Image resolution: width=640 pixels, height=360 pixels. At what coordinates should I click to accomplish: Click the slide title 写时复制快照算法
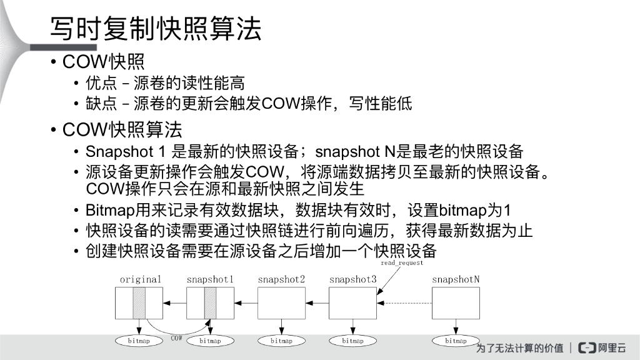(156, 30)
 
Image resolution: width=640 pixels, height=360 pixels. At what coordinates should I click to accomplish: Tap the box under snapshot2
(281, 303)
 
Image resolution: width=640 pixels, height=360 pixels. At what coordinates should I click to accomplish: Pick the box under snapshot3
(352, 303)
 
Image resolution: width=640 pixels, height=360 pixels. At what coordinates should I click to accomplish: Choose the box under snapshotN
(456, 303)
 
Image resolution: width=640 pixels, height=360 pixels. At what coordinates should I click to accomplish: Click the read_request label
(402, 264)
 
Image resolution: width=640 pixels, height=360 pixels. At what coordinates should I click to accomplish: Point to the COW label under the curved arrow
(177, 337)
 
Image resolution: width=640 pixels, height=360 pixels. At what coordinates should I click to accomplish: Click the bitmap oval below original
(138, 341)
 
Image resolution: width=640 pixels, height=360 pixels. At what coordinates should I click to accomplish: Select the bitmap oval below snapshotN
(456, 341)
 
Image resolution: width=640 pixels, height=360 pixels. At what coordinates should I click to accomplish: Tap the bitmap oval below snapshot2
(281, 341)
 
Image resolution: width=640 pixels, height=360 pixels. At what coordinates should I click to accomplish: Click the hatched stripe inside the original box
(139, 303)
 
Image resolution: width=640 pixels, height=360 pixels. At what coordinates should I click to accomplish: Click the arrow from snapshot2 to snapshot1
(246, 303)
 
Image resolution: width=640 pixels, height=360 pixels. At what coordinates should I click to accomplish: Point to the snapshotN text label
(456, 279)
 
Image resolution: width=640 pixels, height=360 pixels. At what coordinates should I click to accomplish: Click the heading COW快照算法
(122, 130)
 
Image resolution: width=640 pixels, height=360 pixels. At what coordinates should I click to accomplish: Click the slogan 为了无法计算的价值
(519, 347)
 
